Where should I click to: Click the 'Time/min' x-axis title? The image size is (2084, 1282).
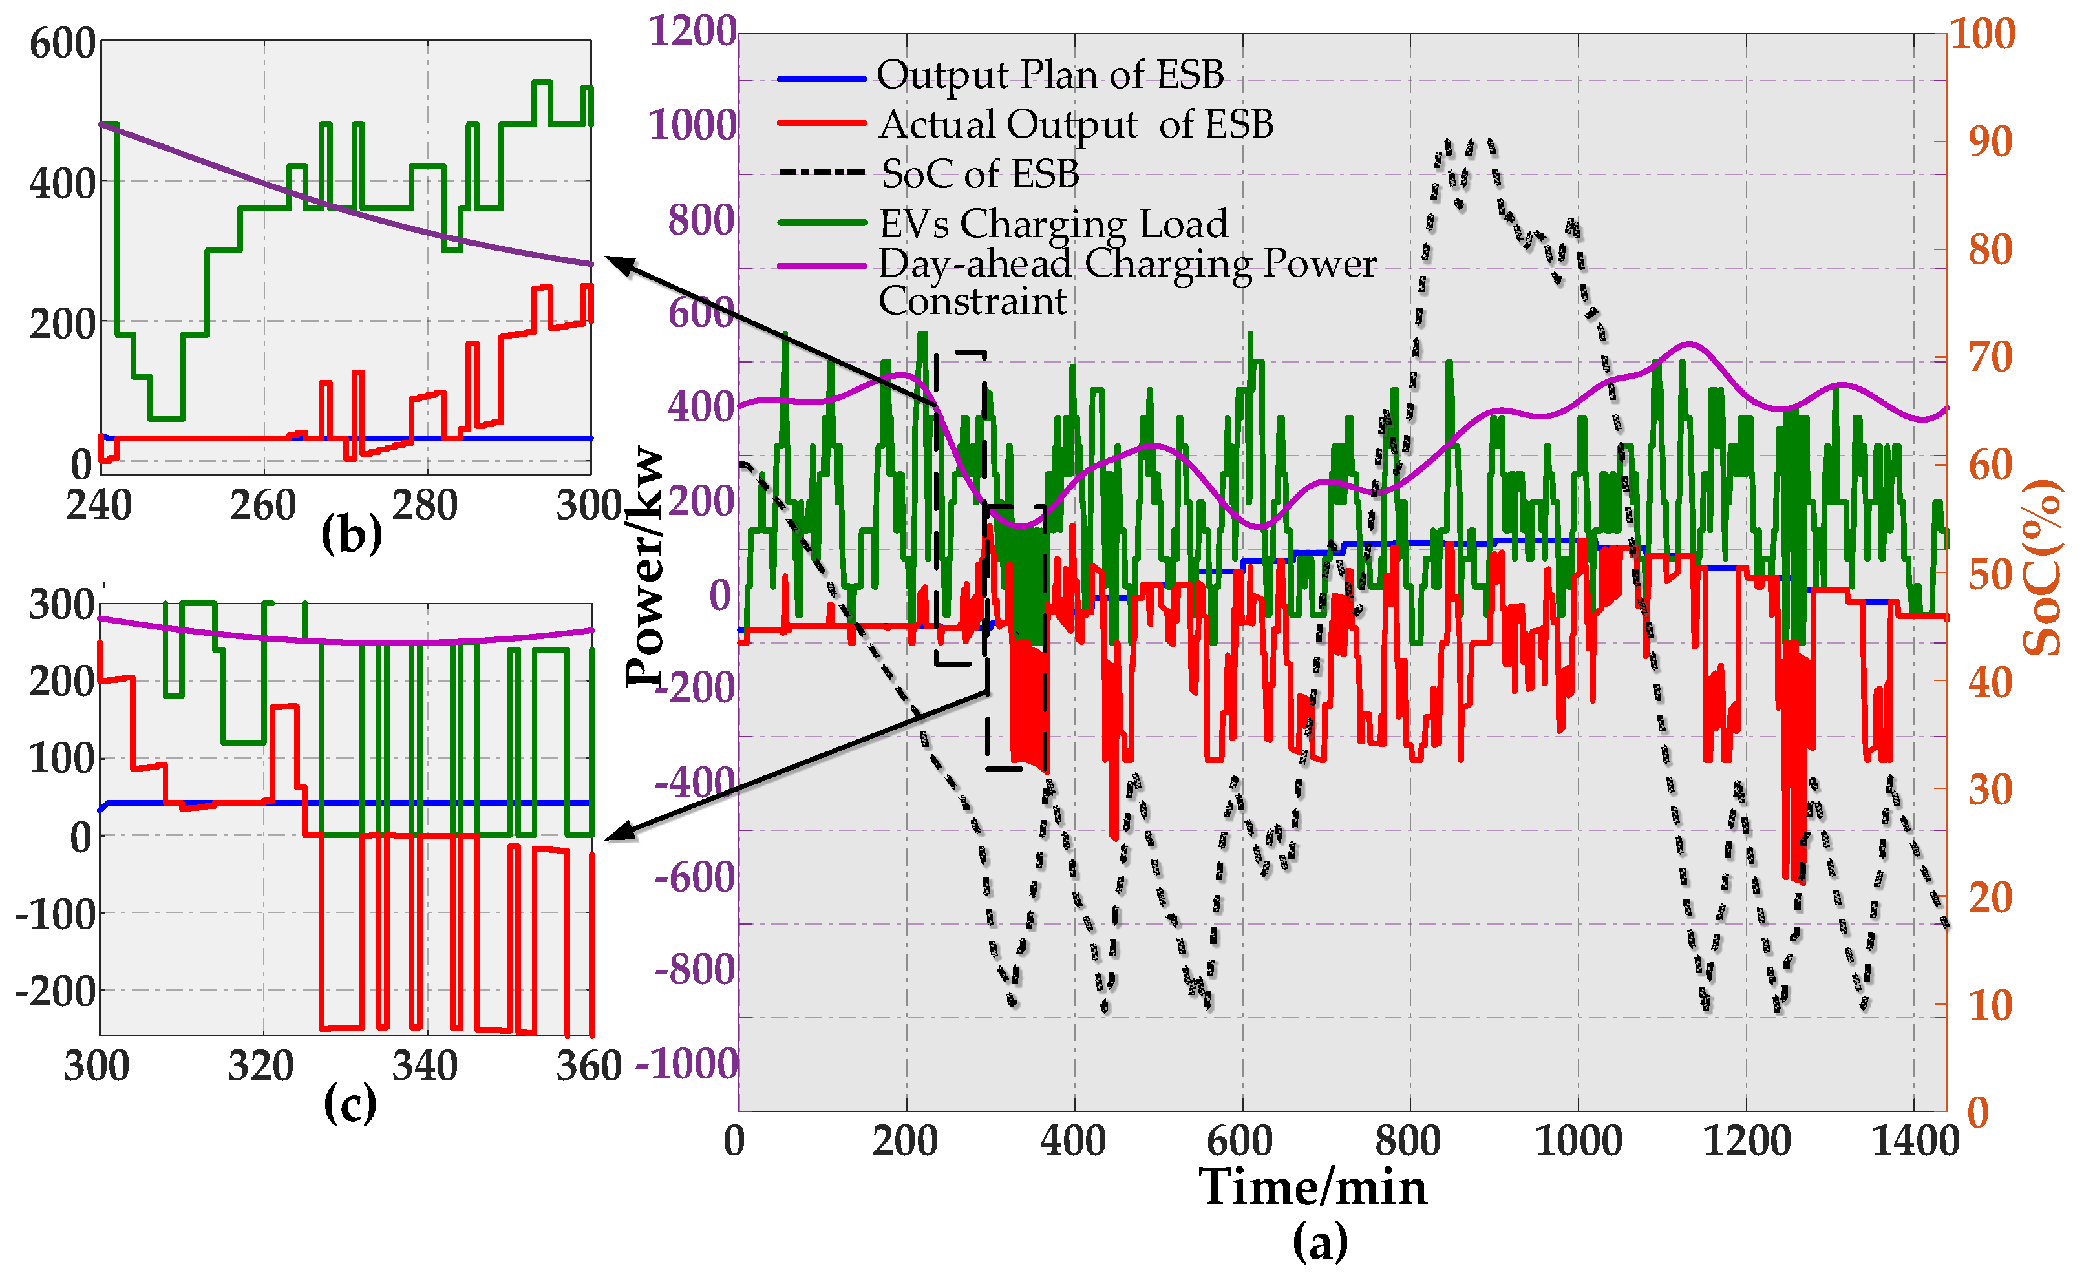pos(1312,1186)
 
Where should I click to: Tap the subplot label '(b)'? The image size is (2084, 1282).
pos(351,535)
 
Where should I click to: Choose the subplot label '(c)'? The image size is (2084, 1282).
pos(350,1103)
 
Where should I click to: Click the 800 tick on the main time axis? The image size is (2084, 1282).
pos(1407,1141)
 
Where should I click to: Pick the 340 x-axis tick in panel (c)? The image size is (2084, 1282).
pos(424,1066)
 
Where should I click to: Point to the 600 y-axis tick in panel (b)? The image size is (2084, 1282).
pos(62,43)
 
